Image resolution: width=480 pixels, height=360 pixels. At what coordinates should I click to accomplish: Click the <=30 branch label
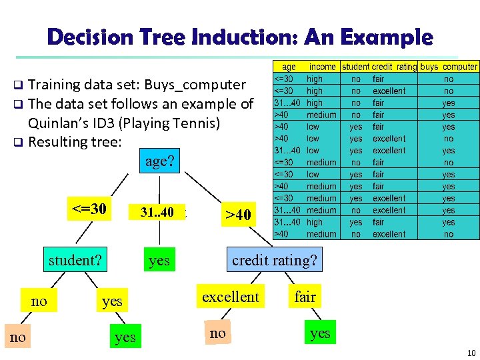coord(89,209)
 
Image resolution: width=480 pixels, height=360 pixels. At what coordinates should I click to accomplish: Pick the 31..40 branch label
coord(157,213)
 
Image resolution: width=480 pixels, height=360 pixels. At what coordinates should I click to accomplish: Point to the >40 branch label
coord(238,215)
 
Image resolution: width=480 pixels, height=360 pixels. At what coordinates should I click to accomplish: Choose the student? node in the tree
coord(75,260)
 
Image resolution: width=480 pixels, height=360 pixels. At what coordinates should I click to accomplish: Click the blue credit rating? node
coord(275,259)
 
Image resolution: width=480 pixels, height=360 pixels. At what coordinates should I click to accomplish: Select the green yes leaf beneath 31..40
coord(159,260)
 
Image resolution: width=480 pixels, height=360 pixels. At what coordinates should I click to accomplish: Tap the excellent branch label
coord(230,296)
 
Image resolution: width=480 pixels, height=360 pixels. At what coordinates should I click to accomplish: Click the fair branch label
coord(305,296)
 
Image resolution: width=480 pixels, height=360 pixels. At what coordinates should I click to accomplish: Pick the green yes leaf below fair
coord(320,333)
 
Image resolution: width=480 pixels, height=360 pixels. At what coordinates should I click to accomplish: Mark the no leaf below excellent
coord(217,333)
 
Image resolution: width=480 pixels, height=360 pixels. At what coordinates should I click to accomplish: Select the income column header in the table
coord(323,67)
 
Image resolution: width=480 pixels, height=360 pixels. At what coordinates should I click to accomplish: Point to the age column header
coord(289,67)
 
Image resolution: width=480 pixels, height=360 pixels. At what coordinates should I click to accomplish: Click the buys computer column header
coord(449,67)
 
